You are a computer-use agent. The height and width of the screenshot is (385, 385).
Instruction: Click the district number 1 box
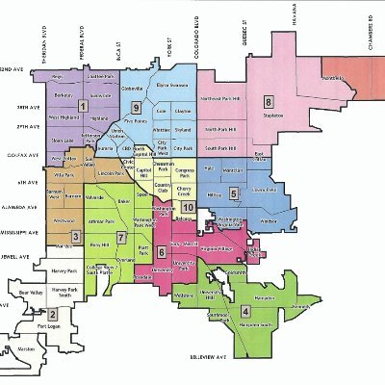tap(83, 107)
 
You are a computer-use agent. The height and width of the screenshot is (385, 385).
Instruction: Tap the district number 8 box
tap(269, 101)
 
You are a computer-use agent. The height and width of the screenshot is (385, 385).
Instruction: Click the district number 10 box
tap(189, 207)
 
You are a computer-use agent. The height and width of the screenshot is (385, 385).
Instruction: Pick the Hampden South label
tap(249, 325)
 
